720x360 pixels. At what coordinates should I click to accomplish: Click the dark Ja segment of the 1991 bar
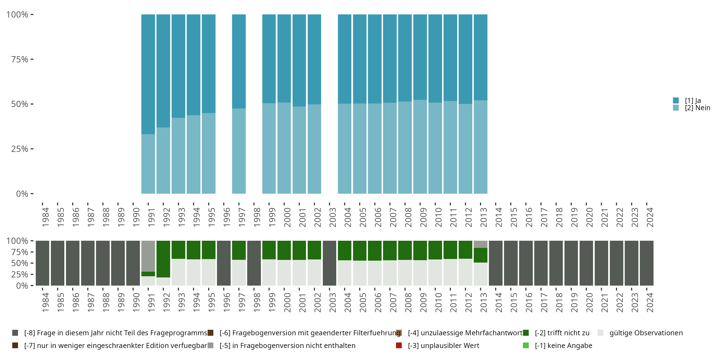click(x=148, y=74)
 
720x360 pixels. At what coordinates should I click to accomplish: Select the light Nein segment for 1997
click(x=239, y=151)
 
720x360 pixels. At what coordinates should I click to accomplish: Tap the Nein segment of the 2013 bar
click(x=480, y=147)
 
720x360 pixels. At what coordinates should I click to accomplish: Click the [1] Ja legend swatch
click(x=676, y=100)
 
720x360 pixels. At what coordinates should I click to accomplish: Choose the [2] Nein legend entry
click(x=697, y=108)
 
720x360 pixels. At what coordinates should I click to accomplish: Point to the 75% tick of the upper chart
click(x=32, y=59)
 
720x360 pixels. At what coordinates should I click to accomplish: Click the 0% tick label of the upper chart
click(x=22, y=194)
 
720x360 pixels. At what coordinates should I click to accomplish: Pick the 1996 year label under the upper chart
click(x=227, y=217)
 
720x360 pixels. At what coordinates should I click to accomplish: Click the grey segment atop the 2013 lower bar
click(x=480, y=244)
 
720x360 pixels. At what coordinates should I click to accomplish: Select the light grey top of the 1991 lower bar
click(x=148, y=256)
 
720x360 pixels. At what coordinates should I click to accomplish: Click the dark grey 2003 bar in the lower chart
click(x=329, y=263)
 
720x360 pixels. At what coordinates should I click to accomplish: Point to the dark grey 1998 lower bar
click(x=254, y=263)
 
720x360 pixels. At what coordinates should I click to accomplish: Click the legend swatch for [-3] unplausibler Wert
click(x=399, y=345)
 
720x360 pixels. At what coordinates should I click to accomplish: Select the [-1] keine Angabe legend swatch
click(x=526, y=345)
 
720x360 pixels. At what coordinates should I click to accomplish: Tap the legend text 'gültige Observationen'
click(x=646, y=333)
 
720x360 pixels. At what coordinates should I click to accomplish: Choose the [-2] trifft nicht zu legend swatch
click(x=526, y=333)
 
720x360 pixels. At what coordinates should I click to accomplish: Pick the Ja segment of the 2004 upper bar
click(x=344, y=59)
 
